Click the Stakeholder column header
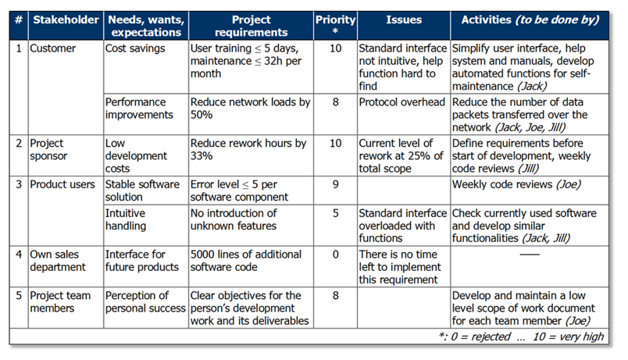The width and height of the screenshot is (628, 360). [66, 19]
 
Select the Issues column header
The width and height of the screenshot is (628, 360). [403, 19]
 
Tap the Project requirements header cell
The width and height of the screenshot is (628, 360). [250, 25]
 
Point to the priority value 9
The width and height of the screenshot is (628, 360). [334, 185]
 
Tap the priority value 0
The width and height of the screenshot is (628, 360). [334, 255]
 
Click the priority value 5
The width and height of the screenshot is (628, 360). [334, 213]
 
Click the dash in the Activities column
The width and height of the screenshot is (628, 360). [529, 255]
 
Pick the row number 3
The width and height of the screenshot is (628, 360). [18, 185]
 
